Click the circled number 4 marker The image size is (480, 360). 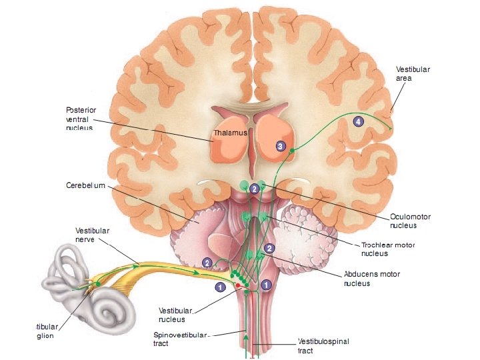pos(359,121)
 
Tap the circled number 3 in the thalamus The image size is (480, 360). pos(281,146)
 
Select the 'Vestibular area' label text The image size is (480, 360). pos(413,73)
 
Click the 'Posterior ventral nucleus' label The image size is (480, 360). pos(80,118)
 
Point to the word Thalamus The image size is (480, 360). pos(231,133)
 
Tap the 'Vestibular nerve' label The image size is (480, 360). pos(92,235)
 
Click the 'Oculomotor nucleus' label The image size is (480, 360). pos(411,221)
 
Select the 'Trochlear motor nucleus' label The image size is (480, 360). pos(388,249)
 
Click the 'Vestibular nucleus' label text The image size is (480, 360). pos(176,315)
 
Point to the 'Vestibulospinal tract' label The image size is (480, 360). pos(323,346)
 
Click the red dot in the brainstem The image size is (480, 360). pos(237,287)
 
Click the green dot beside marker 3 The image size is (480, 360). pos(291,151)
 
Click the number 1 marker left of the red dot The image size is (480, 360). pos(219,287)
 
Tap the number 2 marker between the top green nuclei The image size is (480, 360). pos(254,189)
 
